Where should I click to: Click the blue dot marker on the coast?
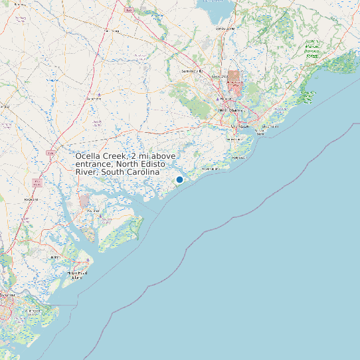pyautogui.click(x=179, y=179)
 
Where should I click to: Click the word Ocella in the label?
pyautogui.click(x=89, y=155)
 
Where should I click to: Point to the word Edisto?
pyautogui.click(x=146, y=163)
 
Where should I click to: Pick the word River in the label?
pyautogui.click(x=86, y=172)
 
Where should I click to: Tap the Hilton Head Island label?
pyautogui.click(x=78, y=274)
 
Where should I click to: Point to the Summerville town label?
pyautogui.click(x=192, y=70)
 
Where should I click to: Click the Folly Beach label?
pyautogui.click(x=238, y=157)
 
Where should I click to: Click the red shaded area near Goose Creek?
pyautogui.click(x=233, y=80)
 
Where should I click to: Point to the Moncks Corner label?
pyautogui.click(x=226, y=29)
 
